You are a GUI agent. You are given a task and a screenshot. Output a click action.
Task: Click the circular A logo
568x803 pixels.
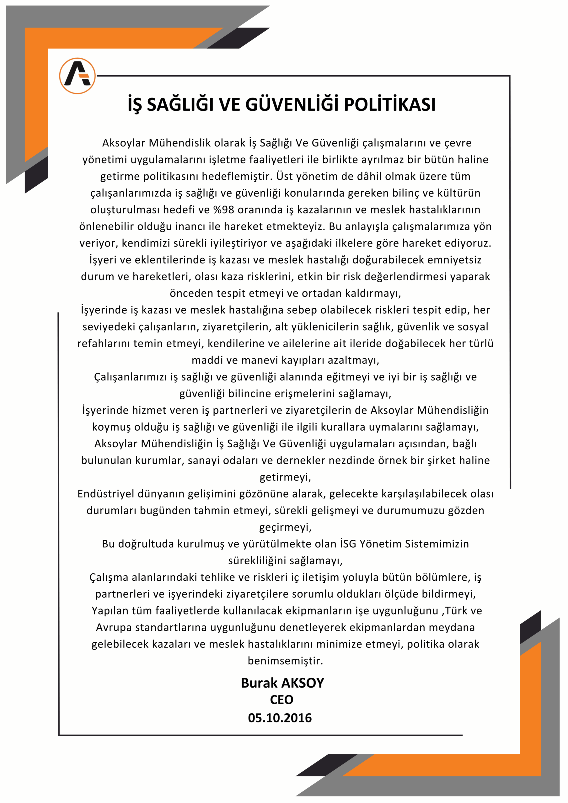click(x=77, y=76)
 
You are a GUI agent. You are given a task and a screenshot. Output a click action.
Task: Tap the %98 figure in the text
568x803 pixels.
click(x=224, y=210)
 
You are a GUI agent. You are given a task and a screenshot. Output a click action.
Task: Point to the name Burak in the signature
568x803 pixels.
click(x=259, y=683)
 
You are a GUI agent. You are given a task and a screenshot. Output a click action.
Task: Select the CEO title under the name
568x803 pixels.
click(x=282, y=700)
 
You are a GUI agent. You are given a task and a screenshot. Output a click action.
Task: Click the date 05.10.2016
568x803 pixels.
click(x=280, y=718)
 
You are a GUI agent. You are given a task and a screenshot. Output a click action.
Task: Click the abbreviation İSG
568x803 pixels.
click(x=348, y=544)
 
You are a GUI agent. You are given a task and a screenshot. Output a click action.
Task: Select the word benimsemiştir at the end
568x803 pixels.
click(x=285, y=661)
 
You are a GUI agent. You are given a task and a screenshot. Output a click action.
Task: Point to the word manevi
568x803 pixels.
click(x=259, y=360)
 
